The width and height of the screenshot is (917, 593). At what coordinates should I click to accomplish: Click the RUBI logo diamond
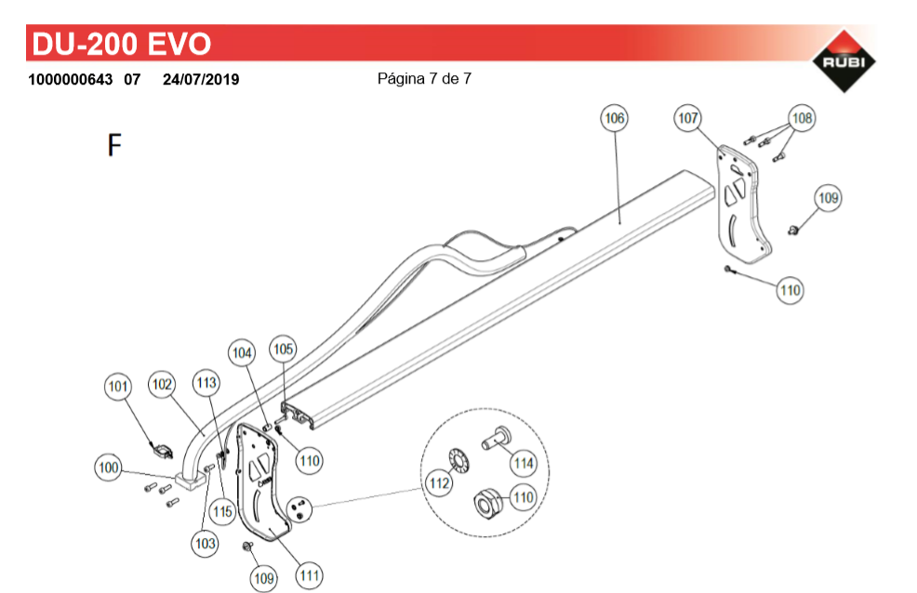[x=844, y=60]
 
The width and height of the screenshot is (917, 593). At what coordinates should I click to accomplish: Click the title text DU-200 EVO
[x=122, y=44]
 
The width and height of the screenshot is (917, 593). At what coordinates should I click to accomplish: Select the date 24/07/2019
[x=201, y=79]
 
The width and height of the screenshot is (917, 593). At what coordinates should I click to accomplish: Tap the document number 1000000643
[x=70, y=79]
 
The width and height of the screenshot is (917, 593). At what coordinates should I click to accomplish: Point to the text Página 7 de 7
[x=424, y=78]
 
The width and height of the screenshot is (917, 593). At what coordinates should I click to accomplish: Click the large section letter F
[x=114, y=145]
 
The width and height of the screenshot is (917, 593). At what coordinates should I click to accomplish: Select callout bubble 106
[x=614, y=118]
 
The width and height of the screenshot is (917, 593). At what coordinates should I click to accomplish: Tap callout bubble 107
[x=687, y=118]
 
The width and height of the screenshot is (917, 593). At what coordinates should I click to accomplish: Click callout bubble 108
[x=802, y=118]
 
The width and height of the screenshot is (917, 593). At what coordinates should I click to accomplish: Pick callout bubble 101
[x=118, y=386]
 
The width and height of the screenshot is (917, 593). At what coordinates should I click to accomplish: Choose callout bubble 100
[x=108, y=468]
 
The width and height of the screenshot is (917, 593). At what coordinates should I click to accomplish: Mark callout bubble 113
[x=206, y=383]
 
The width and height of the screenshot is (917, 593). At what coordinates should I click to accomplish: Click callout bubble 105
[x=283, y=349]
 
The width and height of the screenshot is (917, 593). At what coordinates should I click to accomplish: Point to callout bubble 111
[x=310, y=576]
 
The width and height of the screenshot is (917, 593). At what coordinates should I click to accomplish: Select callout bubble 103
[x=206, y=544]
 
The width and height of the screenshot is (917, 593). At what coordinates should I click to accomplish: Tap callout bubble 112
[x=439, y=483]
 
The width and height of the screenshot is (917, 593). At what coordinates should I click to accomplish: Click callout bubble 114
[x=524, y=463]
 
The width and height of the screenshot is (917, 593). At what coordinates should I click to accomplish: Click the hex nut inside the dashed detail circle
[x=486, y=503]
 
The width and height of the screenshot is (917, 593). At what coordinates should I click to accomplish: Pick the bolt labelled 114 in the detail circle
[x=497, y=438]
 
